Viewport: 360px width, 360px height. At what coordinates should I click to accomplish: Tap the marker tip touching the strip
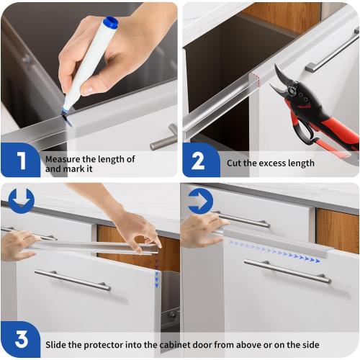coord(66,113)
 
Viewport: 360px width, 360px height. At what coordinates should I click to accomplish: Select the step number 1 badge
coord(21,160)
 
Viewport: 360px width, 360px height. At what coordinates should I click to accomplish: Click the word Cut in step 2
coord(235,163)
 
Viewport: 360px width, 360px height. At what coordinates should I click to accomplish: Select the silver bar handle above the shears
coord(332,53)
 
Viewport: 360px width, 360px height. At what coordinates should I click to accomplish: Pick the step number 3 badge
coord(20,339)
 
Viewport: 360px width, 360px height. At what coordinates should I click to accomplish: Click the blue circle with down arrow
coord(21,199)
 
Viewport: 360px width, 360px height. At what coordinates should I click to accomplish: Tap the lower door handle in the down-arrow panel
coord(73,280)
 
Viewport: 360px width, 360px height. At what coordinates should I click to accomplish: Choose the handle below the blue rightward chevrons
coord(287,271)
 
